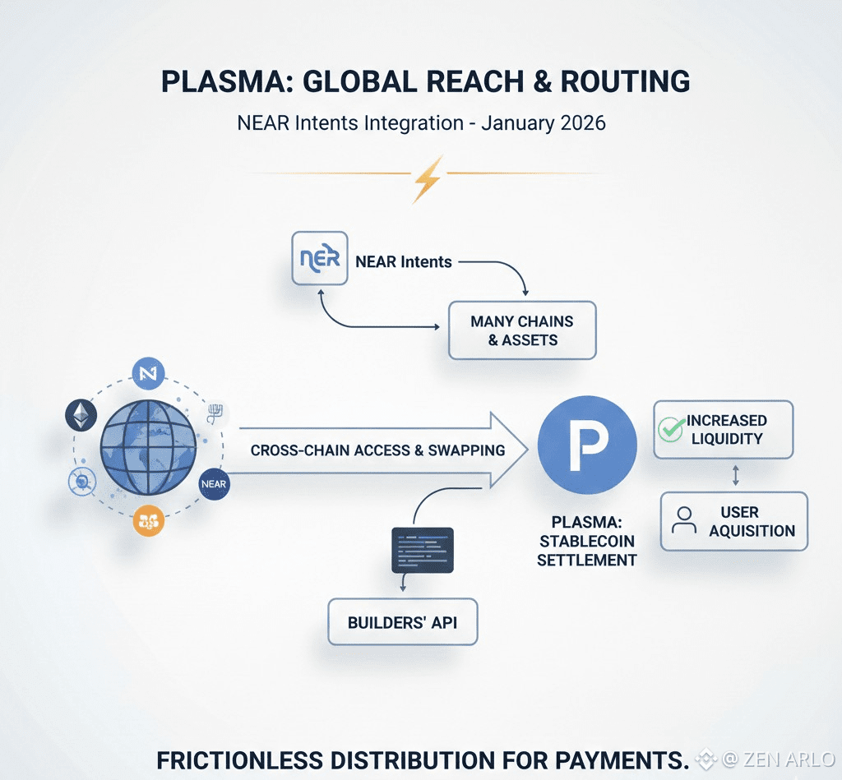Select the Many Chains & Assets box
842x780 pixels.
(521, 330)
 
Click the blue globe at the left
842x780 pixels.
(148, 448)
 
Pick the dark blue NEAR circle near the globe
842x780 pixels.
(213, 484)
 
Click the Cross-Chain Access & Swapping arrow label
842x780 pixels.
(377, 450)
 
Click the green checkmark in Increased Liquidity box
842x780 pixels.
(672, 428)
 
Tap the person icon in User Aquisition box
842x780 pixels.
(683, 521)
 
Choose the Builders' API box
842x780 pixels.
(402, 621)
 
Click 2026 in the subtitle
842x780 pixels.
(582, 123)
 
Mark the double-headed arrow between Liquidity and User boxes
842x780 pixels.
(735, 475)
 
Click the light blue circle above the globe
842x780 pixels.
(148, 374)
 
